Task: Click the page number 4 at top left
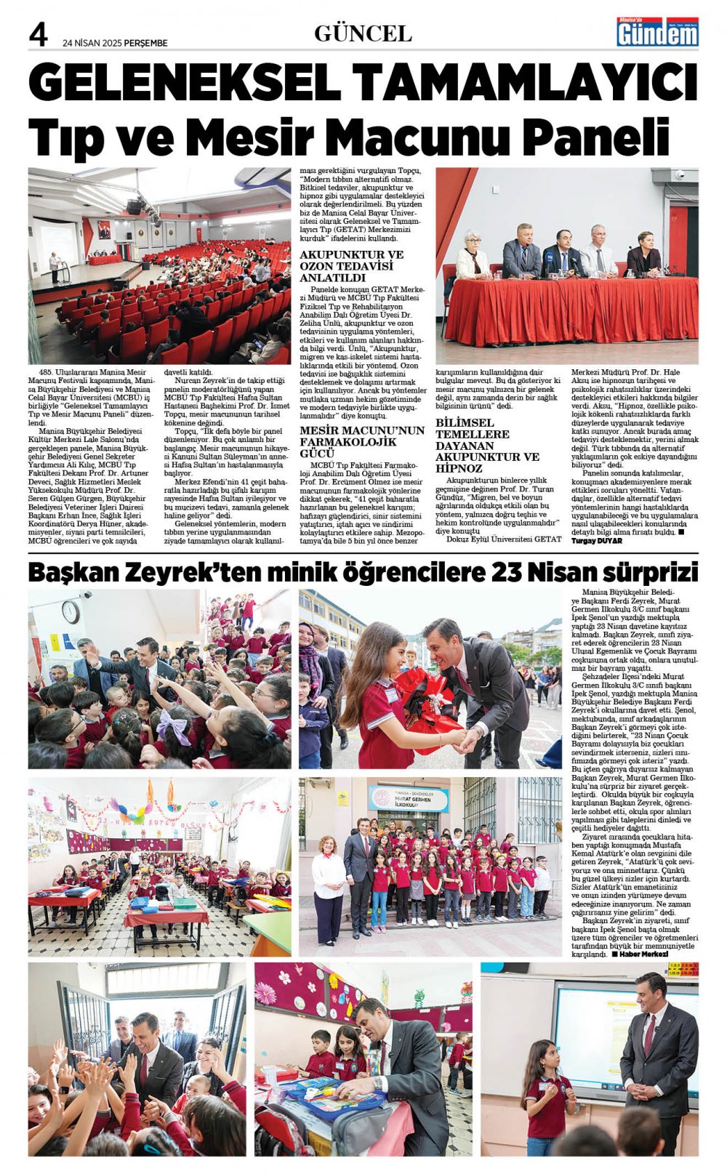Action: (x=39, y=34)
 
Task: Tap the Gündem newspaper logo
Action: (x=657, y=32)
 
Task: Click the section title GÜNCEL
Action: (x=363, y=33)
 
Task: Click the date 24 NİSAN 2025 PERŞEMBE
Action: (x=115, y=43)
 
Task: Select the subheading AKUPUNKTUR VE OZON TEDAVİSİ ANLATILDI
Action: (x=351, y=266)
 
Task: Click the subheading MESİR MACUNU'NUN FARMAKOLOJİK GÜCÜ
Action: (x=361, y=441)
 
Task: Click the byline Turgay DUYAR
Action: (x=597, y=541)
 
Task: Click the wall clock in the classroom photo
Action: (x=71, y=611)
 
